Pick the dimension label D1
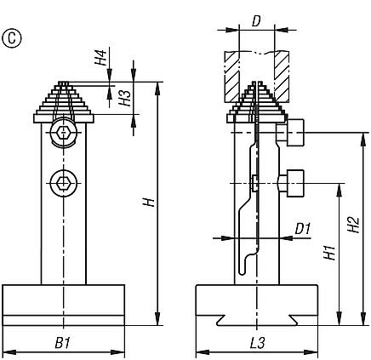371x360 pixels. pos(302,227)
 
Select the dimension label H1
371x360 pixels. pos(328,252)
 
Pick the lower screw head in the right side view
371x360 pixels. pos(291,181)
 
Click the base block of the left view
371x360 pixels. pos(64,304)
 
